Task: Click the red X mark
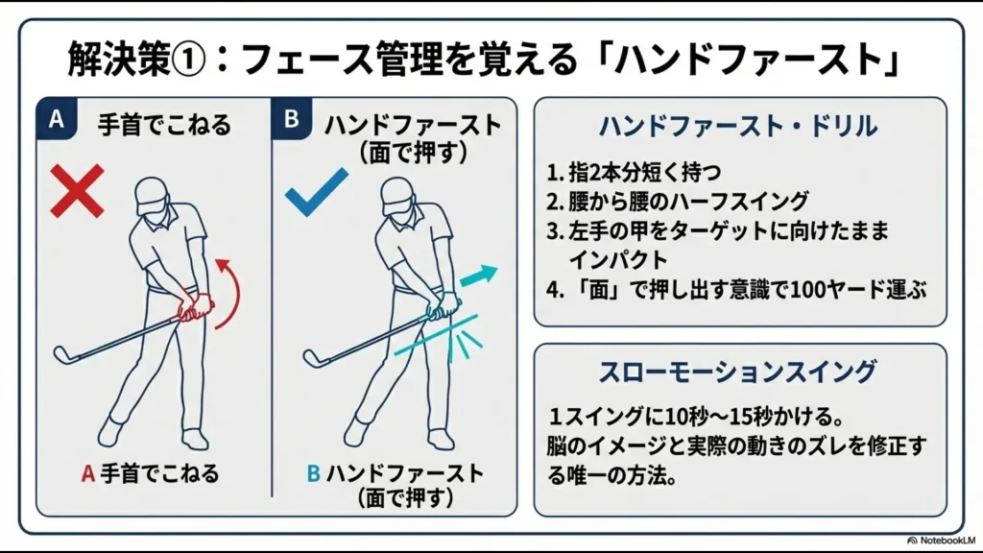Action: point(77,189)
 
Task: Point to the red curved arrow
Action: point(227,292)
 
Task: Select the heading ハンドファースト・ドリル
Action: point(739,126)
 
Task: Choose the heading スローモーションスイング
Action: point(738,371)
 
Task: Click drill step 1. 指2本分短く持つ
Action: point(634,173)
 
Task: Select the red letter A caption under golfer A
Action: point(86,473)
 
